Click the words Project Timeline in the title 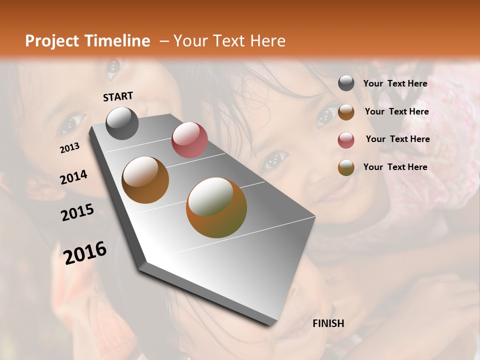coord(87,41)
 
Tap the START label coord(118,96)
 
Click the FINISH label coord(328,323)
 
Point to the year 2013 coord(69,147)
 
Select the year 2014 coord(73,177)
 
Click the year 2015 coord(77,212)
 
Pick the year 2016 coord(85,252)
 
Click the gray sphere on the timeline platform coord(122,123)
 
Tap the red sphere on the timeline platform coord(189,140)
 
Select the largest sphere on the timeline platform coord(216,207)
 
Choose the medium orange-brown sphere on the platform coord(145,180)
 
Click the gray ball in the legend coord(346,83)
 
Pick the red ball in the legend coord(346,140)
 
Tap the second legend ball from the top coord(346,112)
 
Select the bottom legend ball coord(346,167)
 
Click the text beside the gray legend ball coord(395,83)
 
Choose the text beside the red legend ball coord(397,139)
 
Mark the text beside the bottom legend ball coord(395,167)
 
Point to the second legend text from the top coord(396,111)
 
